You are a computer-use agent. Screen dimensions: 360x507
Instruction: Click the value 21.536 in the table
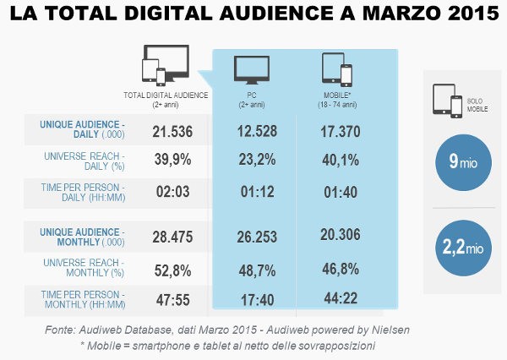click(x=173, y=131)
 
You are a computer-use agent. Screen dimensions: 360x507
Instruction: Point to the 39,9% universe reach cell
click(x=173, y=161)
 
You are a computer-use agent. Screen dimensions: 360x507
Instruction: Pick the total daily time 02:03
click(x=173, y=192)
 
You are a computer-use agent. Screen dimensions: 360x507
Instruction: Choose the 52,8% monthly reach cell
click(x=173, y=270)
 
